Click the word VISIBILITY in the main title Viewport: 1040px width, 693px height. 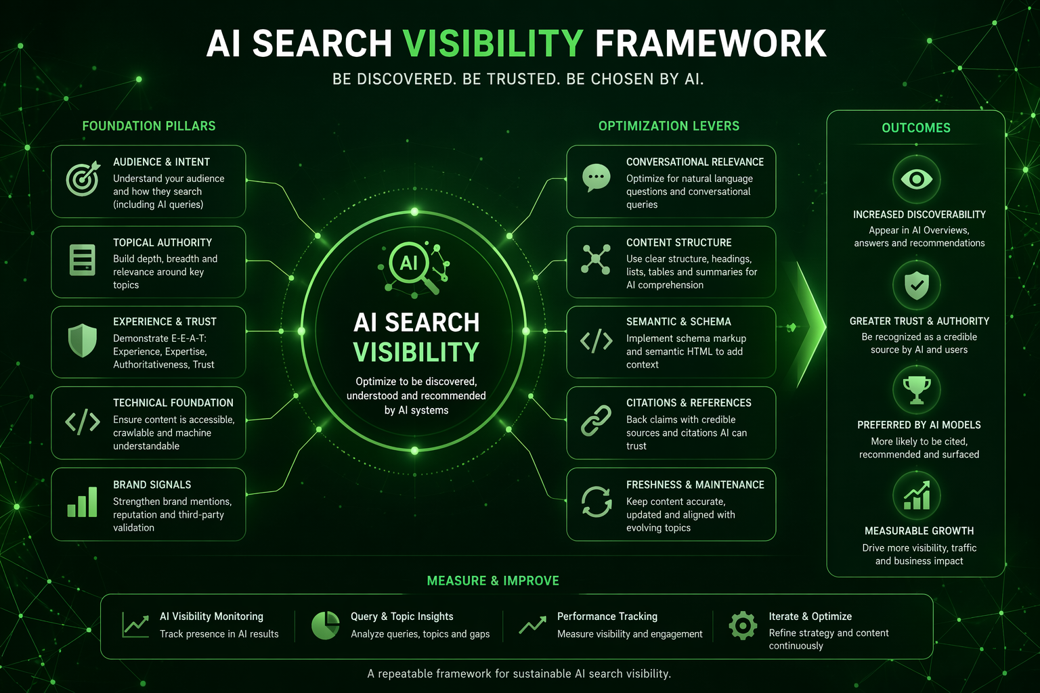pos(493,43)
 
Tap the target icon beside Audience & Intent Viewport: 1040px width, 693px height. pos(83,179)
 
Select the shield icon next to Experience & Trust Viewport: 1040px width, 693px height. pos(83,340)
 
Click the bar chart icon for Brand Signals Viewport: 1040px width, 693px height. pos(82,501)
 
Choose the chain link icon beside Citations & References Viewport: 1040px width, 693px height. pos(596,420)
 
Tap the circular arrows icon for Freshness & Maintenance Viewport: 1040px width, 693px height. pos(596,501)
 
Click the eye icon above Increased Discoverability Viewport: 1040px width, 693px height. pos(917,179)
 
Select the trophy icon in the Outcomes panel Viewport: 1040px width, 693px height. pos(917,390)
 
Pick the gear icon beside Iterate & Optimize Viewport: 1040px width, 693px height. pos(743,626)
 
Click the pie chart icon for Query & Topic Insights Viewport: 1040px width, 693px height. pos(326,625)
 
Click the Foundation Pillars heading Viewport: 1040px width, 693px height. pos(149,126)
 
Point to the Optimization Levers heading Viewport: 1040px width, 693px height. pos(669,126)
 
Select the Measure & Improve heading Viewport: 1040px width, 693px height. pos(493,581)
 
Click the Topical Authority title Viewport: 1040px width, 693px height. pos(162,243)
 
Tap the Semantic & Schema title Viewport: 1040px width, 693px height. pos(679,321)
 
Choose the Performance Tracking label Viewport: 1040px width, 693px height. pos(607,617)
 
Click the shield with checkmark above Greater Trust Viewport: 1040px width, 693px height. pos(917,285)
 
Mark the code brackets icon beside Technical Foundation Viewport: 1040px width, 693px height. pos(83,422)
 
